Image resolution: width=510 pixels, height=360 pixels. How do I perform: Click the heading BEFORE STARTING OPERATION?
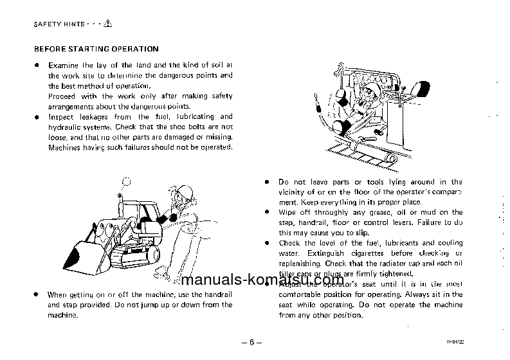96,48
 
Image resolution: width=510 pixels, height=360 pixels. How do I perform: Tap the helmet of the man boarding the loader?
187,191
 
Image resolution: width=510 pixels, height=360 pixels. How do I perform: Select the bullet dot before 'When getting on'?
36,294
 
